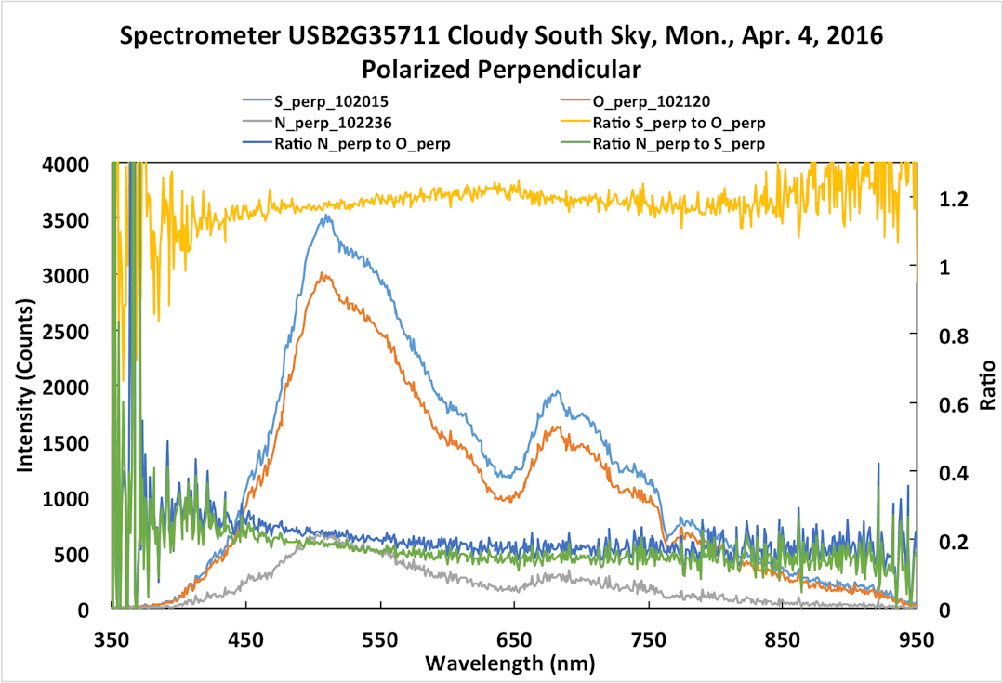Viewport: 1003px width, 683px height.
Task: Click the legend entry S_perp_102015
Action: click(319, 99)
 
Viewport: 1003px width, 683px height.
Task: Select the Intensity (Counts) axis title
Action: click(27, 386)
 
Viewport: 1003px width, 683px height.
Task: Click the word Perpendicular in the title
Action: click(564, 69)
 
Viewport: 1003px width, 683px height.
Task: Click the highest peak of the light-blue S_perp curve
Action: click(325, 216)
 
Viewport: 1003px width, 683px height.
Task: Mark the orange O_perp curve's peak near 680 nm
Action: click(556, 427)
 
